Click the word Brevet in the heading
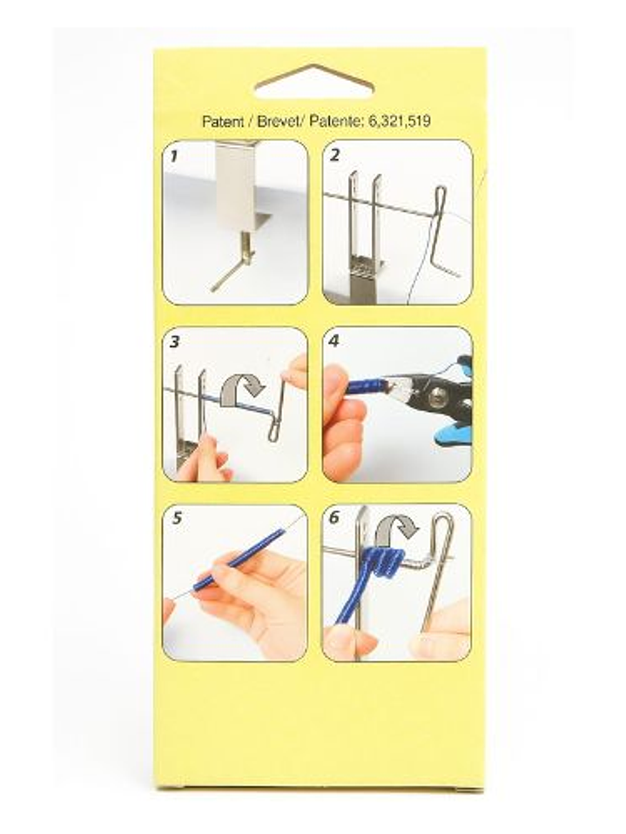(277, 122)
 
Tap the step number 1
(175, 157)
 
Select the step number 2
(335, 157)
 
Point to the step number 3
(175, 342)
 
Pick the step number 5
(177, 519)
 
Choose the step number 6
(335, 519)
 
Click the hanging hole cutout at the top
(313, 82)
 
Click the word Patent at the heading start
(222, 122)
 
